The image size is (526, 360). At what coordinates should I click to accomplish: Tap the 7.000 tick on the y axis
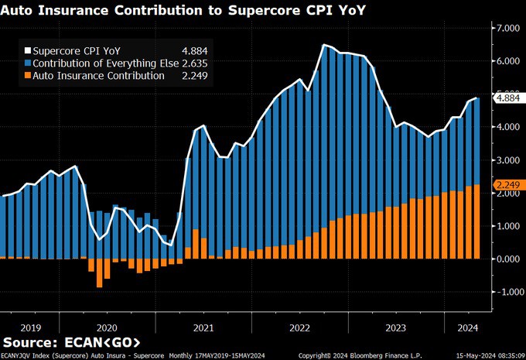click(x=507, y=29)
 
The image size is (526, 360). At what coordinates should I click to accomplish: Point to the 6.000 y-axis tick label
click(x=507, y=61)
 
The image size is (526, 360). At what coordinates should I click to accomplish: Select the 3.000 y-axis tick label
click(x=507, y=159)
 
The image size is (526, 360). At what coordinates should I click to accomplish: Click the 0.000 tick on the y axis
click(x=507, y=259)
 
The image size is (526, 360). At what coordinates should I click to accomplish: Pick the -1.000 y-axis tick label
click(x=506, y=292)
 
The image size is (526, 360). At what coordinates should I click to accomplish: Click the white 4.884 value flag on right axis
click(x=507, y=98)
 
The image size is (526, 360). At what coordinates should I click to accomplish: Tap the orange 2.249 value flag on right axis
click(x=507, y=185)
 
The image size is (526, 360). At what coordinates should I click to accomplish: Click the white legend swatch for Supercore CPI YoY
click(x=27, y=50)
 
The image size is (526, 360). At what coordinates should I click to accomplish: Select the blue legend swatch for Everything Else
click(x=27, y=63)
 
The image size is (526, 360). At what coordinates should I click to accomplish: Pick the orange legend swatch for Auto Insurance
click(x=27, y=76)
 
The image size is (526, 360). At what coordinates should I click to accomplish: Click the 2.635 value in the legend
click(x=193, y=63)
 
